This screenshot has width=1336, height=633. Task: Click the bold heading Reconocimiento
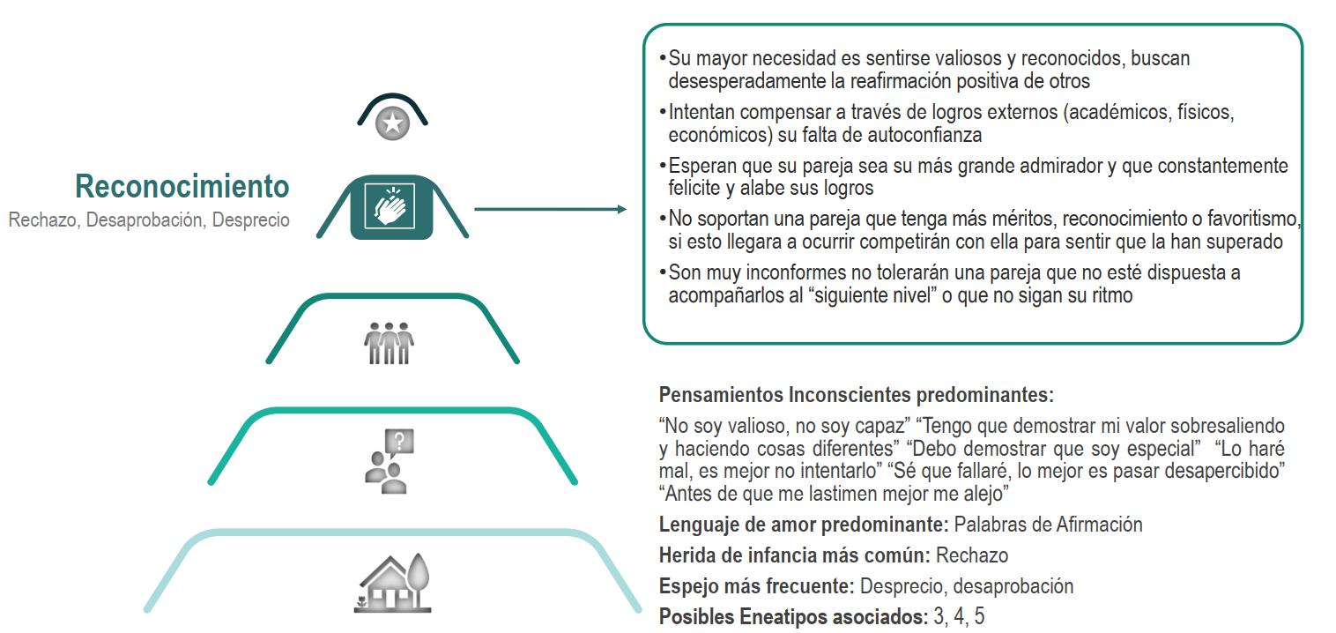pyautogui.click(x=182, y=187)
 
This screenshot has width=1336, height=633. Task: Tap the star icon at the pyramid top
pyautogui.click(x=392, y=123)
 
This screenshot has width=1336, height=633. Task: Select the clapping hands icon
pyautogui.click(x=392, y=207)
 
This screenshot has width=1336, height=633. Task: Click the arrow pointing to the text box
pyautogui.click(x=550, y=210)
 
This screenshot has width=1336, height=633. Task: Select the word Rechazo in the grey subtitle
pyautogui.click(x=43, y=220)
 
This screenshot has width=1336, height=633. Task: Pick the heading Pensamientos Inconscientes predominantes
pyautogui.click(x=856, y=394)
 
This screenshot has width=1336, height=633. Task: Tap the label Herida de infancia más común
pyautogui.click(x=794, y=555)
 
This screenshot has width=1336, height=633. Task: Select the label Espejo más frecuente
pyautogui.click(x=756, y=586)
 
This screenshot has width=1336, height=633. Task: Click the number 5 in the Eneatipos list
pyautogui.click(x=979, y=617)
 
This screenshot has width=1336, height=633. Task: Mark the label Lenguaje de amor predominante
pyautogui.click(x=803, y=525)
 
